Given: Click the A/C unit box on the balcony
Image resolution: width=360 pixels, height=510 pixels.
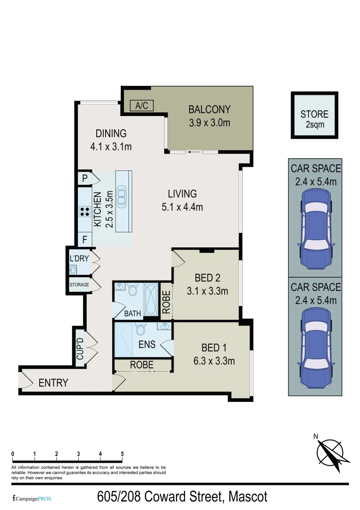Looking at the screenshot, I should click(x=142, y=106).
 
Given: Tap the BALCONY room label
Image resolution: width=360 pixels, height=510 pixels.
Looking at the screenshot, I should click(x=209, y=110).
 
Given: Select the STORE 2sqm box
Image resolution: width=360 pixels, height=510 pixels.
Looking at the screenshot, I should click(x=314, y=115).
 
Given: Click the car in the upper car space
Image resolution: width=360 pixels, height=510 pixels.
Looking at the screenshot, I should click(x=315, y=228).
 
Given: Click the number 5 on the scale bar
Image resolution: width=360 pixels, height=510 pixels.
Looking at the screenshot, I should click(x=122, y=454).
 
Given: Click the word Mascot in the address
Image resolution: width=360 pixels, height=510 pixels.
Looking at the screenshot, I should click(x=247, y=497).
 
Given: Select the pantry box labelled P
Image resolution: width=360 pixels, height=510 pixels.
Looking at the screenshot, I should click(x=84, y=178).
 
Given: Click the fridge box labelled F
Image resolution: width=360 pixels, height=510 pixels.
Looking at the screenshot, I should click(x=84, y=239).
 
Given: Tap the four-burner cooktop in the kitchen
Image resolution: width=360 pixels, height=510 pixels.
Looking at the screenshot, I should click(x=85, y=212).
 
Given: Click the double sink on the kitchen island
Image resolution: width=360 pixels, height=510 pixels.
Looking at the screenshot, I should click(x=122, y=195).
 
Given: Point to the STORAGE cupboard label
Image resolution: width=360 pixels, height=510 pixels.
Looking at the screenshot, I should click(x=79, y=285).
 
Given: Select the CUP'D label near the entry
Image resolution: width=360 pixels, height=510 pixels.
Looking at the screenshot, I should click(x=80, y=348).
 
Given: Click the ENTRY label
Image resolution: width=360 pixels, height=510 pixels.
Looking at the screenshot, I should click(x=53, y=383).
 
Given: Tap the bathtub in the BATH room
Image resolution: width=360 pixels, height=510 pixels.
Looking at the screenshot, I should click(x=151, y=299).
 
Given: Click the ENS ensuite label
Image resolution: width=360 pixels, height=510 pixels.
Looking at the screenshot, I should click(x=147, y=344).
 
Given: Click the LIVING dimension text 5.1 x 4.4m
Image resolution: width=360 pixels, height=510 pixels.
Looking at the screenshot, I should click(x=183, y=206).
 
